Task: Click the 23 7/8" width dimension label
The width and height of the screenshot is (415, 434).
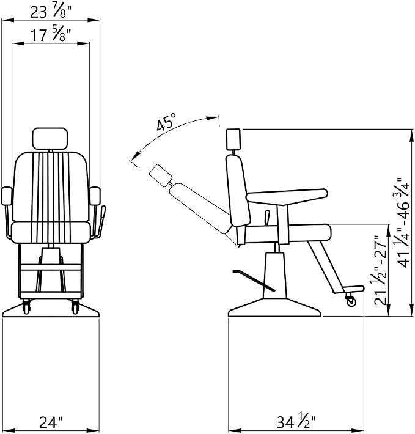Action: (x=50, y=12)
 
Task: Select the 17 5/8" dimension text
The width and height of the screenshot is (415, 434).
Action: (x=50, y=35)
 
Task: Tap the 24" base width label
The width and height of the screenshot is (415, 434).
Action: (x=51, y=422)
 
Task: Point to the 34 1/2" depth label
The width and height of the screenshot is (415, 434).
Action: (x=296, y=422)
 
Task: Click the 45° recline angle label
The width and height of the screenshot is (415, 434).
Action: (x=166, y=122)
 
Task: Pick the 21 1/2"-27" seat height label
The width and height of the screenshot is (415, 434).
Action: (x=380, y=270)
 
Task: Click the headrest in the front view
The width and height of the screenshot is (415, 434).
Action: (x=50, y=139)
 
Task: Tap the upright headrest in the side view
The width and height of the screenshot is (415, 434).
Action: (x=233, y=139)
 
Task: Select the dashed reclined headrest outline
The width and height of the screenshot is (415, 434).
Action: (x=161, y=175)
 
